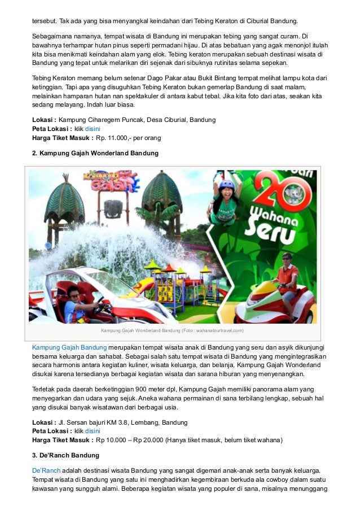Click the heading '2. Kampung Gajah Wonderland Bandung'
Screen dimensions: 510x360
pos(95,153)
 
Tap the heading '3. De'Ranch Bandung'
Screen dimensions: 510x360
pos(65,455)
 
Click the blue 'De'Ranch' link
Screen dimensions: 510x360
pos(46,470)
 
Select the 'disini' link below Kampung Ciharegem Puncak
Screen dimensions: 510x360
pos(93,129)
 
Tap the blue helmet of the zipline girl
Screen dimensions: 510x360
pos(227,185)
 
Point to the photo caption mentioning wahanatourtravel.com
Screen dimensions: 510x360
pos(172,330)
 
